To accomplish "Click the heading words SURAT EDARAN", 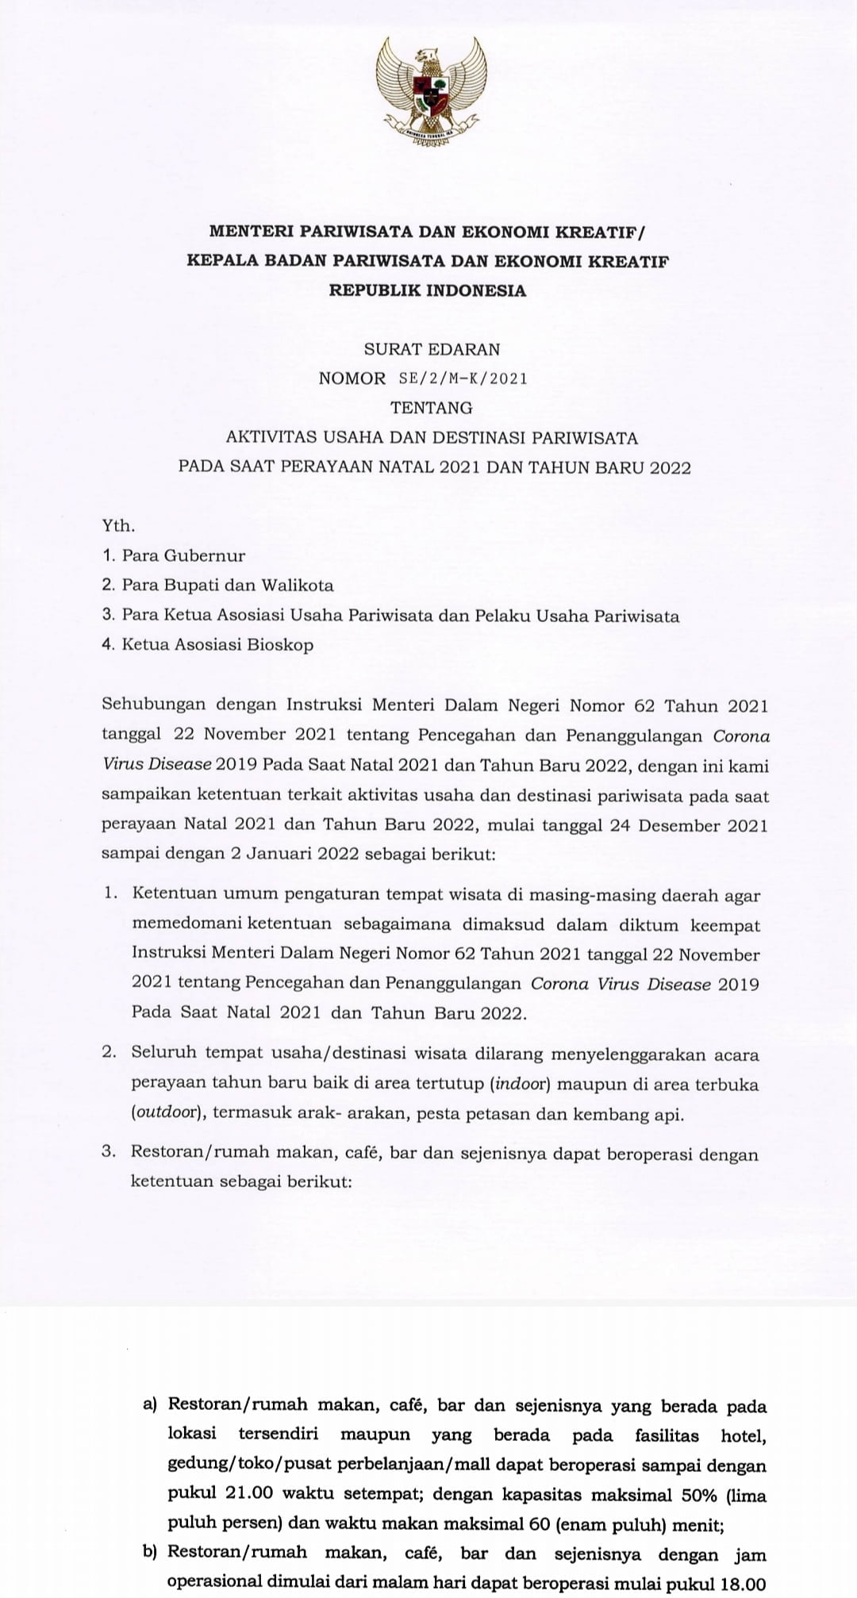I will [x=432, y=349].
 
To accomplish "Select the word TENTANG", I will [x=431, y=408].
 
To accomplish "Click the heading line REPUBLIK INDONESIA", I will [x=428, y=290].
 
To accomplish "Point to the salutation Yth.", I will [x=118, y=526].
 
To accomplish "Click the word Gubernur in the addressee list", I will [x=206, y=555].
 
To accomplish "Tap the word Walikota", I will [x=299, y=586].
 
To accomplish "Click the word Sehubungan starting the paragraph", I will [x=154, y=705].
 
